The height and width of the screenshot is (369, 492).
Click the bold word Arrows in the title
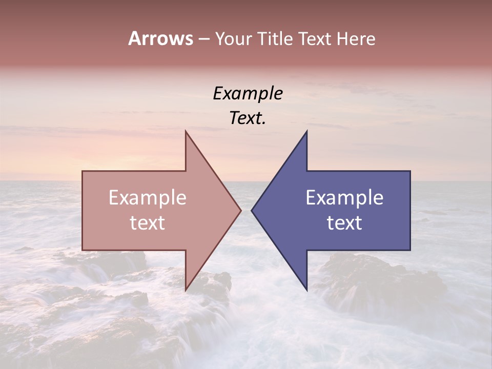[160, 39]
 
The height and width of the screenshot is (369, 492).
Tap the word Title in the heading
[276, 39]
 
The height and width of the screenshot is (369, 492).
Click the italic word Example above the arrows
[248, 94]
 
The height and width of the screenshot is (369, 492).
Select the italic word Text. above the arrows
[248, 118]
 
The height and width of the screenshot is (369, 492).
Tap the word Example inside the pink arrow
[148, 198]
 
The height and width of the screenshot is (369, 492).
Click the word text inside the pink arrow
[148, 223]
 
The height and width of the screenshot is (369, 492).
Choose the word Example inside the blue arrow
[344, 198]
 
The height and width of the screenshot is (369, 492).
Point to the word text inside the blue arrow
[344, 223]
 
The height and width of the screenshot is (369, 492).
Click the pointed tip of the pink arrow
[241, 210]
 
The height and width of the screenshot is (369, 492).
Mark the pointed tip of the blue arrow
[252, 210]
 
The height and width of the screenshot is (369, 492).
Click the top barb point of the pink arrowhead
[186, 131]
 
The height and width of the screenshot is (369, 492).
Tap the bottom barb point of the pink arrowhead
[186, 290]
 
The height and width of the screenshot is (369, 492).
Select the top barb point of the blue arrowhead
[306, 131]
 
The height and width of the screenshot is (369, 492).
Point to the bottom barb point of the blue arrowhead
[306, 290]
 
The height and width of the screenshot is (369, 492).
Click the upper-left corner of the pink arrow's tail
[83, 171]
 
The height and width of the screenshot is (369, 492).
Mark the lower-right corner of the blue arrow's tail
[410, 250]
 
